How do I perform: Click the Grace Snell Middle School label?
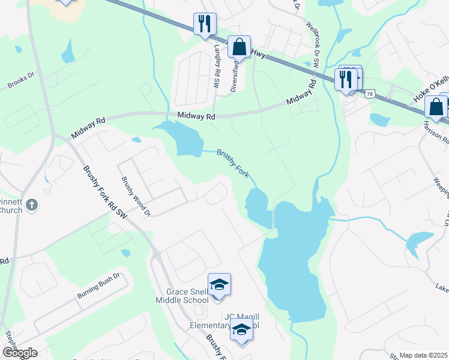click(182, 296)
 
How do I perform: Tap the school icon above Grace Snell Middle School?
click(219, 284)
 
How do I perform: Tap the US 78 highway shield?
click(370, 94)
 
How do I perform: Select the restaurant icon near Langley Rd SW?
click(205, 23)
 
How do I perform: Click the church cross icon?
click(32, 206)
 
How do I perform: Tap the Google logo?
click(19, 353)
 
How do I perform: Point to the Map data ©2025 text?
click(423, 355)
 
